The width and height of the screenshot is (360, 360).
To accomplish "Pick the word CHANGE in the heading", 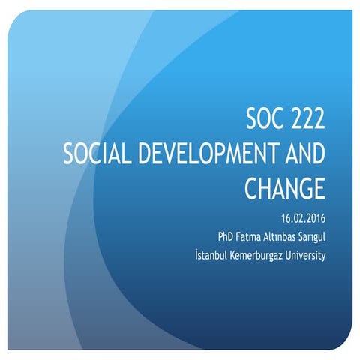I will [285, 188].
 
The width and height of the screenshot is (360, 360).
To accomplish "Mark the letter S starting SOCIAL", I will [70, 154].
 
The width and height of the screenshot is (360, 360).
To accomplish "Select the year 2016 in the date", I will [314, 218].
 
